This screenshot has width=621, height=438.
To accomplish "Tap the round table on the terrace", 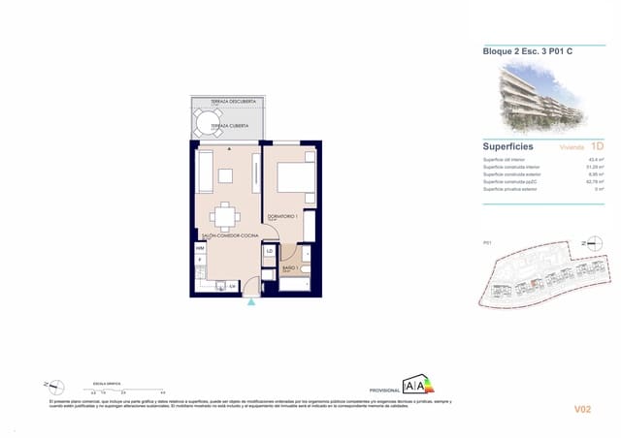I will pyautogui.click(x=208, y=122).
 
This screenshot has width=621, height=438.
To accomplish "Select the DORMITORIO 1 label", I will pyautogui.click(x=283, y=215).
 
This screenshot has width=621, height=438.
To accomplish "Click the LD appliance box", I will pyautogui.click(x=270, y=252).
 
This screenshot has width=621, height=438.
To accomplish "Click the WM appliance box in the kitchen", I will pyautogui.click(x=200, y=248).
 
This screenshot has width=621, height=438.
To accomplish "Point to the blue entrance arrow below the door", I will pyautogui.click(x=252, y=302).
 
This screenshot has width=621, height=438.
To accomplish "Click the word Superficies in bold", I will pyautogui.click(x=509, y=146).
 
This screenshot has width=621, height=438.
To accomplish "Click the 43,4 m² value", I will pyautogui.click(x=596, y=160).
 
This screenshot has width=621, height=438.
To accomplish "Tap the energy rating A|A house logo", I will pyautogui.click(x=418, y=386).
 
